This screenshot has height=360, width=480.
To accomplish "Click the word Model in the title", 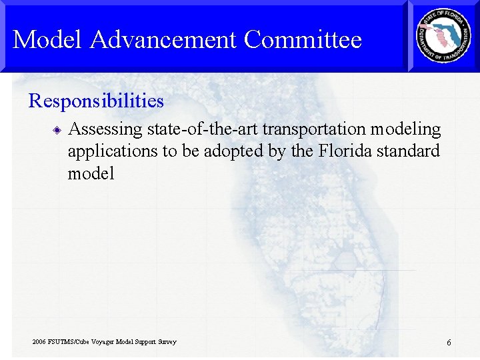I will click(x=49, y=40).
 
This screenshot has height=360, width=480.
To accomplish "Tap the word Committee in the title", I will click(x=303, y=40).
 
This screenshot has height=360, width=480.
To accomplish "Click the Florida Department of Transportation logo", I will click(x=443, y=36).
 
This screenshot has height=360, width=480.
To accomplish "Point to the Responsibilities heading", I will click(x=96, y=101).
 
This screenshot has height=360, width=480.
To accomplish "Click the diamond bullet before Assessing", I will click(x=59, y=129).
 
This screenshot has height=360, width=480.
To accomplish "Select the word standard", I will click(x=409, y=151).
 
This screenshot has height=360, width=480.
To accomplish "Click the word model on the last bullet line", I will click(x=91, y=174).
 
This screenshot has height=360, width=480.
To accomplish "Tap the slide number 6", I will click(x=449, y=343).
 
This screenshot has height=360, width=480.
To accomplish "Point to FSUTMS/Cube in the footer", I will click(x=70, y=342).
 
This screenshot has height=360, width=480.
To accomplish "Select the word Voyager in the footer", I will click(x=103, y=342).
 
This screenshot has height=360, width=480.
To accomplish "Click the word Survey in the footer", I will click(x=167, y=342).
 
